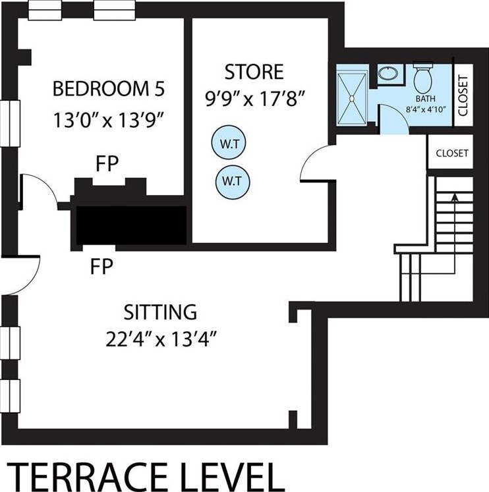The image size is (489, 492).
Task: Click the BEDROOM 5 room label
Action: pyautogui.click(x=109, y=89)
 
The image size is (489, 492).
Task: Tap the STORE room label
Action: pyautogui.click(x=254, y=72)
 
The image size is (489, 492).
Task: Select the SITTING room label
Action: pyautogui.click(x=160, y=312)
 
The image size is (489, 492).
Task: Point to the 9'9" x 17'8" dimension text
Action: pyautogui.click(x=255, y=99)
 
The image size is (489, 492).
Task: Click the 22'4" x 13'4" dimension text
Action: pyautogui.click(x=161, y=339)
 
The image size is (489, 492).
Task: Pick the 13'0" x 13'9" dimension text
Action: pyautogui.click(x=109, y=120)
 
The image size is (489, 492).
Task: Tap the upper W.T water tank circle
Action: pyautogui.click(x=229, y=143)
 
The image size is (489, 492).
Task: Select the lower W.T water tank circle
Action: pyautogui.click(x=233, y=182)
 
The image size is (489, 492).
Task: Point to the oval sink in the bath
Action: pyautogui.click(x=388, y=74)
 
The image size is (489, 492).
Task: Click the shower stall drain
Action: pyautogui.click(x=352, y=99)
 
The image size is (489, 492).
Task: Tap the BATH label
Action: pyautogui.click(x=425, y=99)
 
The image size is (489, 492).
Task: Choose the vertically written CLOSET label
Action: pyautogui.click(x=463, y=96)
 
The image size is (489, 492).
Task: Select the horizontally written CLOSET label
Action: pyautogui.click(x=452, y=153)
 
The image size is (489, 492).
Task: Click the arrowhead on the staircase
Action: pyautogui.click(x=455, y=198)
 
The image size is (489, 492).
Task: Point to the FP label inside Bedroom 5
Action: pyautogui.click(x=107, y=163)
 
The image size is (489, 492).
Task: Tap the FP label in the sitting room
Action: pyautogui.click(x=101, y=266)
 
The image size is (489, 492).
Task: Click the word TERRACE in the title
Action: pyautogui.click(x=88, y=476)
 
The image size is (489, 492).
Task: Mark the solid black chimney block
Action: pyautogui.click(x=132, y=225)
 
